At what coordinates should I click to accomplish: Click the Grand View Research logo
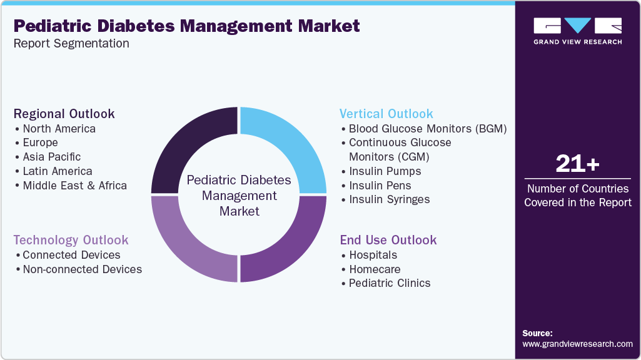point(577,31)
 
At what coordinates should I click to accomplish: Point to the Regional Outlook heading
point(64,114)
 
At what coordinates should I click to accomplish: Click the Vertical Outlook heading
point(386,114)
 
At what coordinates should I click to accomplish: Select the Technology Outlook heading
point(71,240)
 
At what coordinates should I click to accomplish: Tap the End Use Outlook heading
point(388,240)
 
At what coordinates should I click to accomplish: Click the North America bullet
point(59,129)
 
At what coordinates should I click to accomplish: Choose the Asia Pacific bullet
point(51,157)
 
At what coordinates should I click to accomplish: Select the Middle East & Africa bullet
point(74,186)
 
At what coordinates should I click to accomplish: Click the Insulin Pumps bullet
point(385,171)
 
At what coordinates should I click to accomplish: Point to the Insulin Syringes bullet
point(389,199)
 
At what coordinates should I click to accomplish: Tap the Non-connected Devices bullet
point(82,269)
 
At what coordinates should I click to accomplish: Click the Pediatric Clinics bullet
point(389,283)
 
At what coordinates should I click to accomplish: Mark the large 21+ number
point(577,164)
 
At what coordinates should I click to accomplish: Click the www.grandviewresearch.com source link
point(577,344)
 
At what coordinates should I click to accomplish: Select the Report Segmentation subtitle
point(71,44)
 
